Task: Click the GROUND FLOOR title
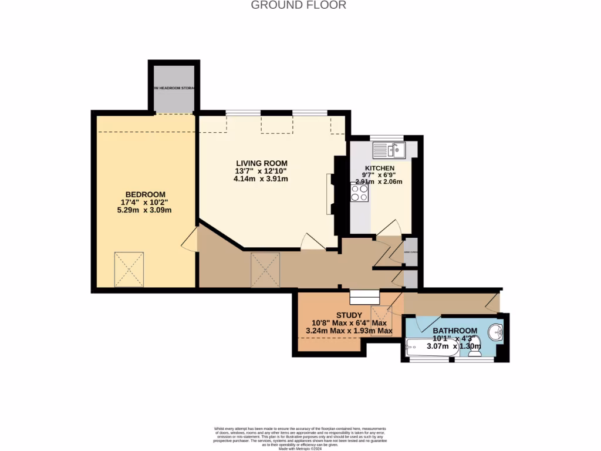coord(299,5)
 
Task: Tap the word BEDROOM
coord(145,194)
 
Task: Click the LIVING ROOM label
coord(262,163)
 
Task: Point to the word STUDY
coord(349,315)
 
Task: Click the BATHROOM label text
coord(455,331)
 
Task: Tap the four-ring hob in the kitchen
coord(360,193)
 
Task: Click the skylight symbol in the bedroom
coord(129,270)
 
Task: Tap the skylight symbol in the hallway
coord(265,270)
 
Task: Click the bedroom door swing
coord(189,240)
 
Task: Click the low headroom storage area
coord(173,89)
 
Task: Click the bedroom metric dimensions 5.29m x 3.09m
coord(145,210)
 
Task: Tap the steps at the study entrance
coord(364,298)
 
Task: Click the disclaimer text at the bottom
coord(300,438)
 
